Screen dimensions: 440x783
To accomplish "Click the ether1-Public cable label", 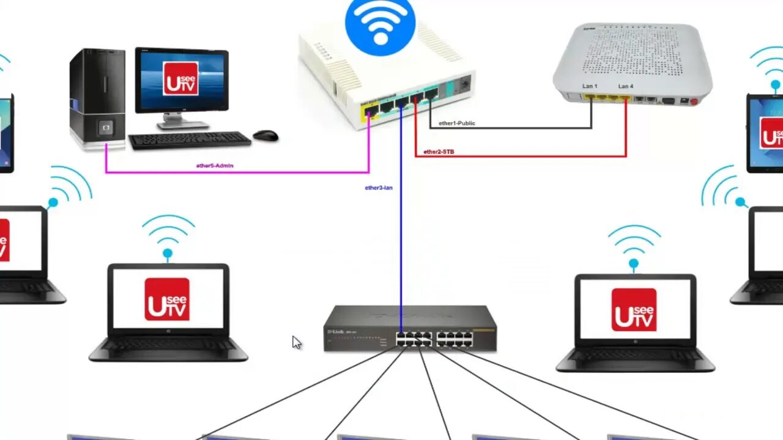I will (x=456, y=123).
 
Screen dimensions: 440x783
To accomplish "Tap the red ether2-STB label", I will (x=439, y=152).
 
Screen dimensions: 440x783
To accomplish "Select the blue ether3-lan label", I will (x=379, y=188).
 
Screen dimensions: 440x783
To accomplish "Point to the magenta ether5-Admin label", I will (x=215, y=166).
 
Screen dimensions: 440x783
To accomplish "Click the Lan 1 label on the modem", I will (x=590, y=86).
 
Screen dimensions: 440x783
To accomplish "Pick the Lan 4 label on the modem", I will (x=625, y=86).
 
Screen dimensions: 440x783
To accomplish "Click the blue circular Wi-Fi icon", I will (x=380, y=26).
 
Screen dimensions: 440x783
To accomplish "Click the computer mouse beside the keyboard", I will (x=265, y=135).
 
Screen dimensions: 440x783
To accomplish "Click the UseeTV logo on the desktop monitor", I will (x=180, y=78).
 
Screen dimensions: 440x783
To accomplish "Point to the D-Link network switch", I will (x=410, y=329).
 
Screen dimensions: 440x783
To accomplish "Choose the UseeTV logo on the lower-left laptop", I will (x=167, y=299).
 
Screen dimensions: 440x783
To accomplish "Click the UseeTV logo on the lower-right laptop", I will (x=634, y=310).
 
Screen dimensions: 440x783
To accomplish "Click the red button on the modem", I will (x=693, y=101).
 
